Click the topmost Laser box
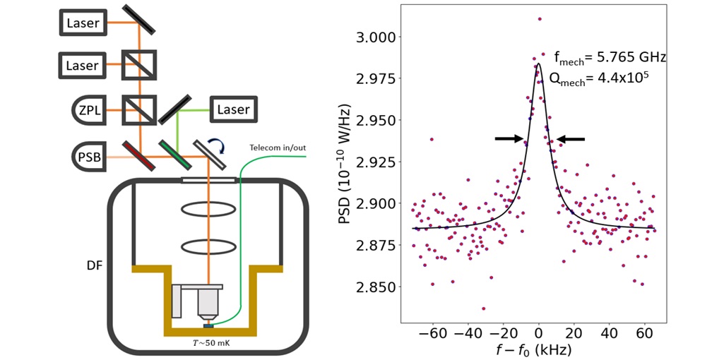tap(83, 23)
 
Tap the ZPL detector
tap(90, 109)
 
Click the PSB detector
tap(90, 155)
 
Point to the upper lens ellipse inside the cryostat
tap(208, 210)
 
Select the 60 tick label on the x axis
tap(643, 332)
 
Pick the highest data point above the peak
tap(539, 19)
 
